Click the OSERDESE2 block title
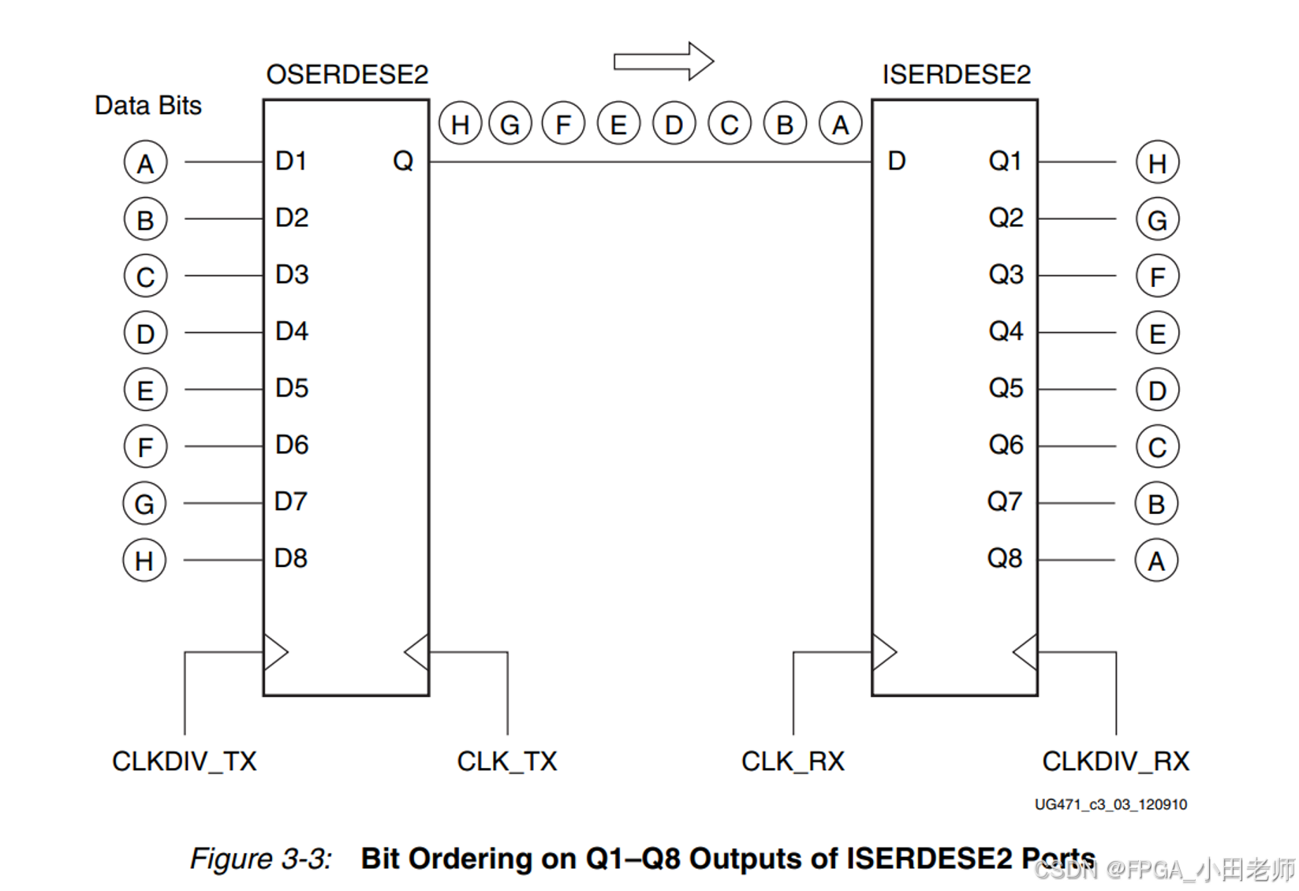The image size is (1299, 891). coord(347,74)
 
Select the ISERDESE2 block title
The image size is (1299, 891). coord(956,74)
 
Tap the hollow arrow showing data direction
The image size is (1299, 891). coord(663,61)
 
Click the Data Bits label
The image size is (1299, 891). coord(148,105)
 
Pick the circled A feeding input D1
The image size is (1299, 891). coord(145,163)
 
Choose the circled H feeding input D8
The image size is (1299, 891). coord(144,561)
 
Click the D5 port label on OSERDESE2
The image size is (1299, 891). coord(292,388)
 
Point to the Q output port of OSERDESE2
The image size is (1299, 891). coord(403,161)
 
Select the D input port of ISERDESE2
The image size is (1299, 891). coord(897,161)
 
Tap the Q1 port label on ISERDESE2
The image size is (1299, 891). coord(1005,161)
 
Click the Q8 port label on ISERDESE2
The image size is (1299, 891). coord(1005,558)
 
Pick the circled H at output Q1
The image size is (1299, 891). coord(1157,163)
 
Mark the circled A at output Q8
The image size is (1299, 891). coord(1156,561)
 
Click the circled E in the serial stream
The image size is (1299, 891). coord(618,124)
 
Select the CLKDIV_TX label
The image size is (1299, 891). coord(185,761)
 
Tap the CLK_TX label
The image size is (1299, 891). coord(507,761)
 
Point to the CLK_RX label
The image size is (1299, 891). coord(793,761)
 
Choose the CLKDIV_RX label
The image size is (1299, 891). coord(1115,761)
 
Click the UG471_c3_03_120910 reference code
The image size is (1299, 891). coord(1110,804)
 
